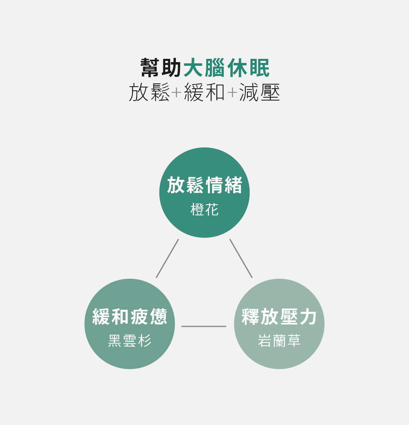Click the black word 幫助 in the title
[x=161, y=68]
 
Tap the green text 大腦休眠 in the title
[x=227, y=68]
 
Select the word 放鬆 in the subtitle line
[x=149, y=93]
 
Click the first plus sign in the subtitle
[x=176, y=93]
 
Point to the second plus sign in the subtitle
[x=232, y=93]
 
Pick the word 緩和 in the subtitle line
[x=204, y=93]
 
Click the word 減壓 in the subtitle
[x=260, y=93]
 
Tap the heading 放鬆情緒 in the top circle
[x=204, y=186]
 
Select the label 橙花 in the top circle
[x=204, y=210]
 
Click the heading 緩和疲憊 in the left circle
[x=130, y=317]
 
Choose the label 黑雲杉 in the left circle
[x=130, y=340]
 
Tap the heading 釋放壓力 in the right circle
[x=279, y=317]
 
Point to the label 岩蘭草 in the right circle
[x=279, y=340]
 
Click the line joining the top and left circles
[x=167, y=258]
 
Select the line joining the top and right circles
[x=241, y=258]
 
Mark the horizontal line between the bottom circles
[x=204, y=326]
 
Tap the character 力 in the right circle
[x=308, y=317]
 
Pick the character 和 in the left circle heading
[x=120, y=317]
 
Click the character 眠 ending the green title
[x=259, y=68]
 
